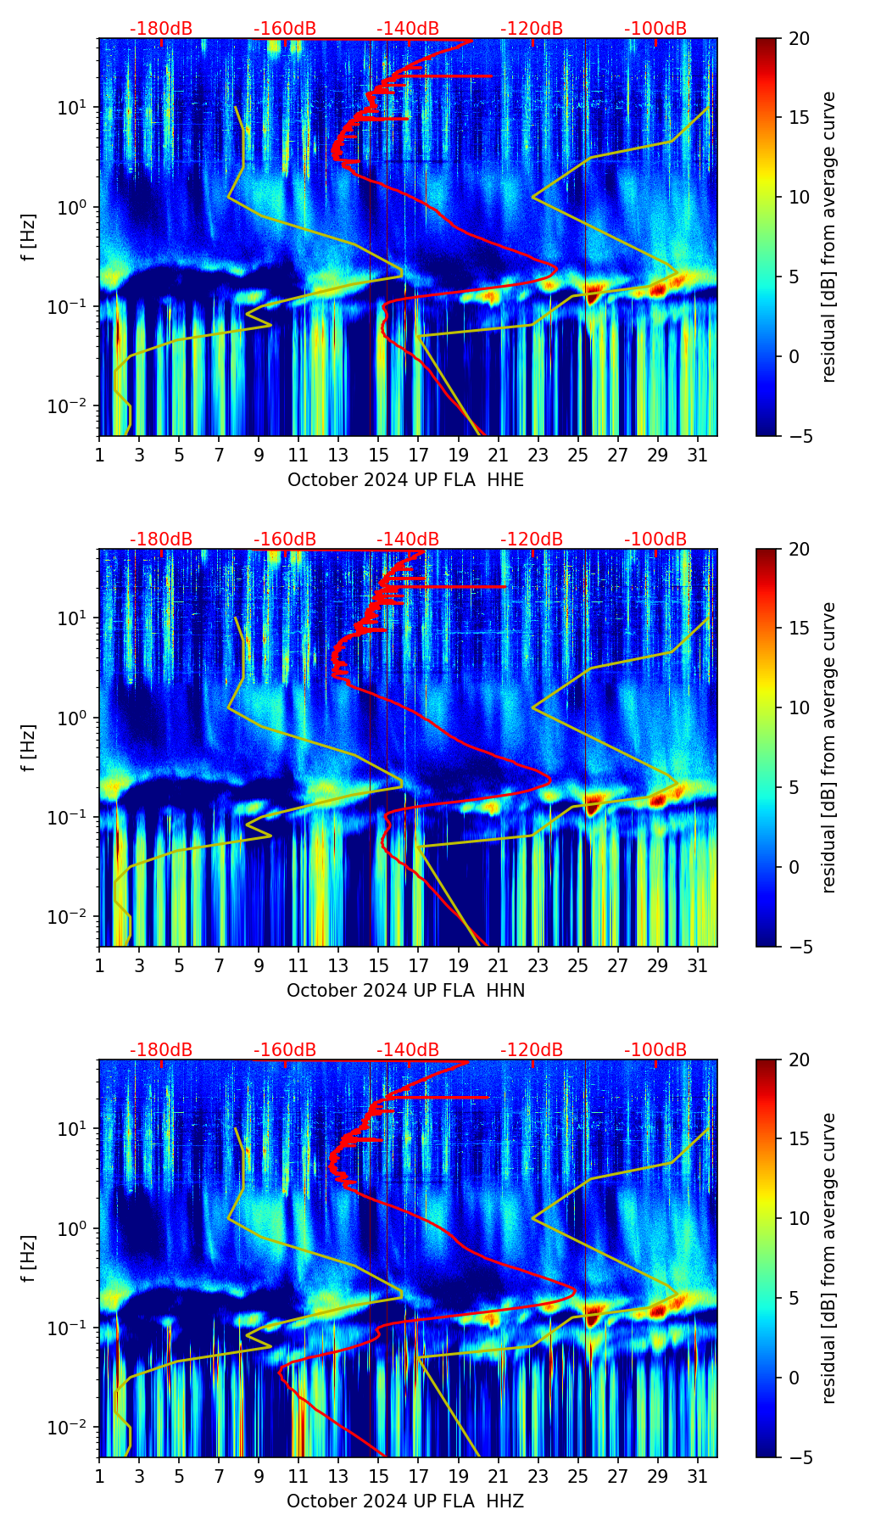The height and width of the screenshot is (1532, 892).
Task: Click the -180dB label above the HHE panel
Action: coord(161,29)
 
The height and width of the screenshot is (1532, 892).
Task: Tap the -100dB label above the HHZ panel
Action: coord(655,1050)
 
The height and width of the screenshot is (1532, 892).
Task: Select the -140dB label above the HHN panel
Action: coord(408,540)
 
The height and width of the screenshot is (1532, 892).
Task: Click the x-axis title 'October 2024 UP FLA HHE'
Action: coord(405,480)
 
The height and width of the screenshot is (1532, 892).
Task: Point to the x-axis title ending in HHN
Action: coord(405,991)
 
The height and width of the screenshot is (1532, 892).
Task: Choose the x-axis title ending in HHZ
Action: coord(405,1501)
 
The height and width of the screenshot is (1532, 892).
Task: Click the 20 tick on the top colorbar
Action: coord(800,39)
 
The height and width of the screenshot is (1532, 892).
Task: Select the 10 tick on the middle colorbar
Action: coord(800,707)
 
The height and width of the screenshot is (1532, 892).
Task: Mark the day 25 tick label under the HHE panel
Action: coord(578,456)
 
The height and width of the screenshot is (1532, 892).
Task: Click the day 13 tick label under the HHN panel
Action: coord(338,966)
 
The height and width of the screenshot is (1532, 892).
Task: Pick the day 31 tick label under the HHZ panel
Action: coord(698,1477)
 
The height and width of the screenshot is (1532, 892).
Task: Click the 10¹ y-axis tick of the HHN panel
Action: coord(73,618)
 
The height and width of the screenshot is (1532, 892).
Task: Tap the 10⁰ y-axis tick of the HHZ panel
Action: coord(73,1229)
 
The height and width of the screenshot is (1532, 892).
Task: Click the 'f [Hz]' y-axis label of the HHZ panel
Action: coord(30,1258)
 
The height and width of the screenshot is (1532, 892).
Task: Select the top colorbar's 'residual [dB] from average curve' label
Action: coord(828,237)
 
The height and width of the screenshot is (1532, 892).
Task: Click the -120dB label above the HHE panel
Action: coord(532,29)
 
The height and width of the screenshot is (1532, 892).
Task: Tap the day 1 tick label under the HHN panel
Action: coord(99,966)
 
